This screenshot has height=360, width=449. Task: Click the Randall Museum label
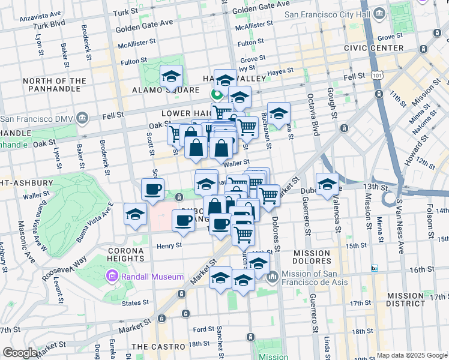(152, 277)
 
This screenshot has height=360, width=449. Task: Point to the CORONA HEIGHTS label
(126, 254)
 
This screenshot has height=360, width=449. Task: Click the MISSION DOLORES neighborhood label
(312, 257)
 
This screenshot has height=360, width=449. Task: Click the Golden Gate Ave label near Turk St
(144, 28)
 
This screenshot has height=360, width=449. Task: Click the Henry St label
(169, 245)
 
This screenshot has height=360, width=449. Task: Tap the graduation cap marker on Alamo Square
(171, 77)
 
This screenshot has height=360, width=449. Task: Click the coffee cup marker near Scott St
(152, 190)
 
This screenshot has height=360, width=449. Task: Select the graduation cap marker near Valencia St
(327, 184)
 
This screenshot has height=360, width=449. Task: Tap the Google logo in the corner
(20, 353)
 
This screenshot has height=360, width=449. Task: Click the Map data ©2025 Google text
(412, 355)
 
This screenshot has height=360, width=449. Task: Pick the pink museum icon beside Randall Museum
(111, 277)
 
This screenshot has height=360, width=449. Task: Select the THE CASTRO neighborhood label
(158, 347)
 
